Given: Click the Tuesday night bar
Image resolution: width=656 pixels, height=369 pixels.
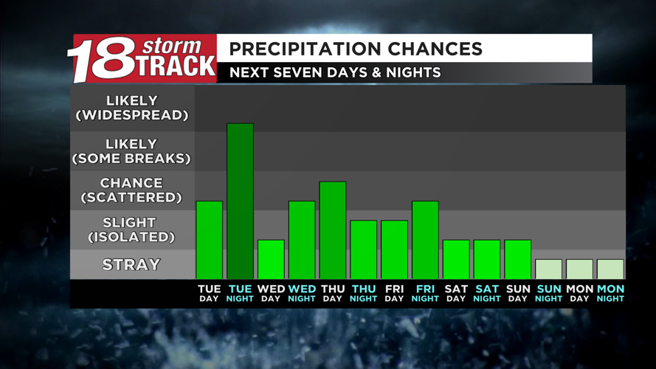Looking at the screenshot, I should click(x=240, y=201).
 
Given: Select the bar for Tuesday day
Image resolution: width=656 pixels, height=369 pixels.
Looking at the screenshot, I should click(x=209, y=240).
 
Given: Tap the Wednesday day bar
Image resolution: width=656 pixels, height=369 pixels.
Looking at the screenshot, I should click(x=271, y=259).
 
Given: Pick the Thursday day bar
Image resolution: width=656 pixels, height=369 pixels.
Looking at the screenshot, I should click(x=333, y=230).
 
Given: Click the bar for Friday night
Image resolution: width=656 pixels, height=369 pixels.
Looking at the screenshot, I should click(x=425, y=240).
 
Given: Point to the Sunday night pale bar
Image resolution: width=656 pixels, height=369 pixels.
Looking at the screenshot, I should click(x=549, y=269).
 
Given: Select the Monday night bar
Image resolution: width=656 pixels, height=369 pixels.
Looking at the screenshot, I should click(x=610, y=269).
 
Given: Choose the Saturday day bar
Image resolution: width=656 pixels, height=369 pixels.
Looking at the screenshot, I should click(x=456, y=259).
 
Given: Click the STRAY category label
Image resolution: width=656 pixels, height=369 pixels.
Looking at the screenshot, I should click(x=132, y=264).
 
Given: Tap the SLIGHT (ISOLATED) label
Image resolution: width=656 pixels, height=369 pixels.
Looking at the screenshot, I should click(x=132, y=230).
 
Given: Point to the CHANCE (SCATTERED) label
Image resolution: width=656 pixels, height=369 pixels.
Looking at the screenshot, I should click(x=132, y=190).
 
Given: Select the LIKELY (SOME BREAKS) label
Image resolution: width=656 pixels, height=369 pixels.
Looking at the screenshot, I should click(x=132, y=151).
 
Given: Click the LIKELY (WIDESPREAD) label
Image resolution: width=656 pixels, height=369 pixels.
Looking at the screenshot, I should click(x=132, y=108).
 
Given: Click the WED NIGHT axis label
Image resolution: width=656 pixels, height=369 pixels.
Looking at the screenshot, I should click(x=302, y=293).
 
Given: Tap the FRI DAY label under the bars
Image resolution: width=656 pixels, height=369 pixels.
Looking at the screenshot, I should click(x=394, y=293).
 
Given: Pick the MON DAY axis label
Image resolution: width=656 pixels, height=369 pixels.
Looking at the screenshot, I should click(x=579, y=293).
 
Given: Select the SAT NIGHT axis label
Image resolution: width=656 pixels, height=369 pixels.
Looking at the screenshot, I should click(x=487, y=293).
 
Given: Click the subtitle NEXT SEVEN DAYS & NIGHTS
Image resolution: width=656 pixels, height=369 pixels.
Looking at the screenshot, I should click(x=335, y=72).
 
